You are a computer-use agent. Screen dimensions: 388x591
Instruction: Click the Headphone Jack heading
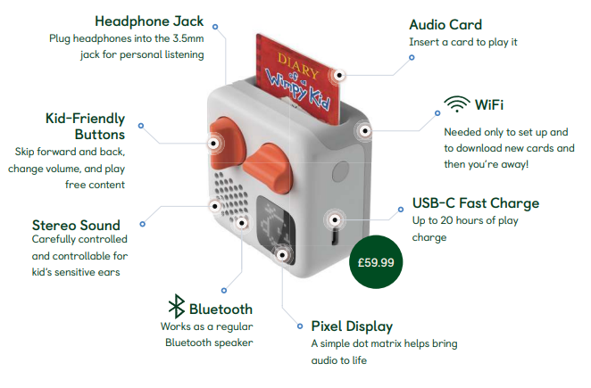tap(148, 21)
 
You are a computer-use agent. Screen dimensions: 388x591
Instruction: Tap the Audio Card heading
tap(445, 24)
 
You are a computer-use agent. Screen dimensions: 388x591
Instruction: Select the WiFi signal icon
tap(457, 105)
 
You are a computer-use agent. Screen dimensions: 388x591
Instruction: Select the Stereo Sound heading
tap(76, 224)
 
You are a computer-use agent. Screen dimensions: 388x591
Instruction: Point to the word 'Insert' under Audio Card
tap(424, 42)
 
